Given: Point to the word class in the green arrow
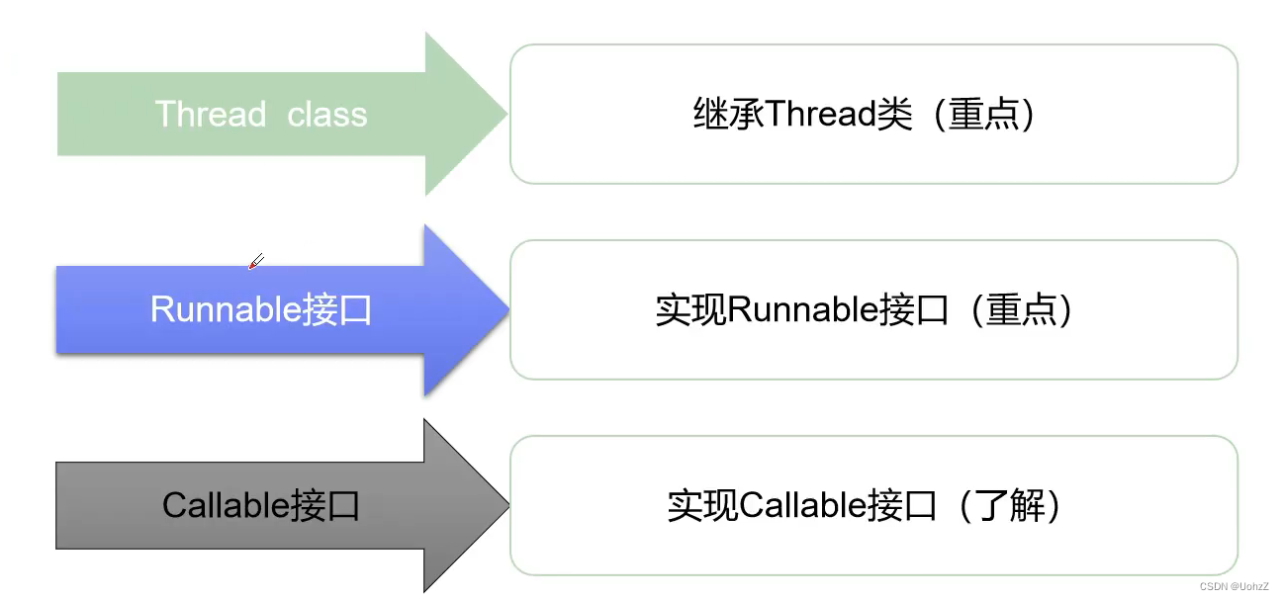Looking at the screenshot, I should (327, 114).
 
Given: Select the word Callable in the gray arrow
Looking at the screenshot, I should (227, 506).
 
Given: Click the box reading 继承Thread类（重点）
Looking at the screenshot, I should (873, 115).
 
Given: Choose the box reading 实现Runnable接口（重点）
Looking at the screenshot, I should (873, 310).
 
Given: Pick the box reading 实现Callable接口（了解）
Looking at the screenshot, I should (873, 506).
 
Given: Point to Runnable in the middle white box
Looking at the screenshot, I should (803, 310).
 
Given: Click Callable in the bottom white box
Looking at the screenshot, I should (803, 506).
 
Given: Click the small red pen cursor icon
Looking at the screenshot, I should (255, 262).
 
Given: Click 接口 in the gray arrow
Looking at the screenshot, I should (325, 506).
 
